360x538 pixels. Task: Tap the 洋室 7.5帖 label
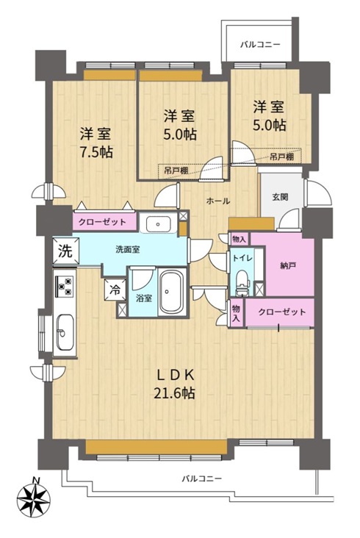point(96,143)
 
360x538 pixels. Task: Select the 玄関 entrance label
point(280,197)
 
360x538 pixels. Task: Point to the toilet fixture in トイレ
point(242,283)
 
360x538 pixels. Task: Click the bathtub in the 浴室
point(173,293)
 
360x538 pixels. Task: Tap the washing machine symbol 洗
point(65,251)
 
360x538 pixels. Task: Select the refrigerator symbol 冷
point(115,290)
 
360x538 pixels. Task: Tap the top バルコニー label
point(260,44)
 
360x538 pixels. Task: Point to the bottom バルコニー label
point(202,478)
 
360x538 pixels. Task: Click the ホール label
point(218,201)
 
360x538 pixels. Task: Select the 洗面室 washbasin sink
point(158,224)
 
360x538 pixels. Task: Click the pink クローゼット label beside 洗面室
point(102,222)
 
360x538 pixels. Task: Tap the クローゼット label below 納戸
point(282,312)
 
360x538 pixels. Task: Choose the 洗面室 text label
point(127,249)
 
